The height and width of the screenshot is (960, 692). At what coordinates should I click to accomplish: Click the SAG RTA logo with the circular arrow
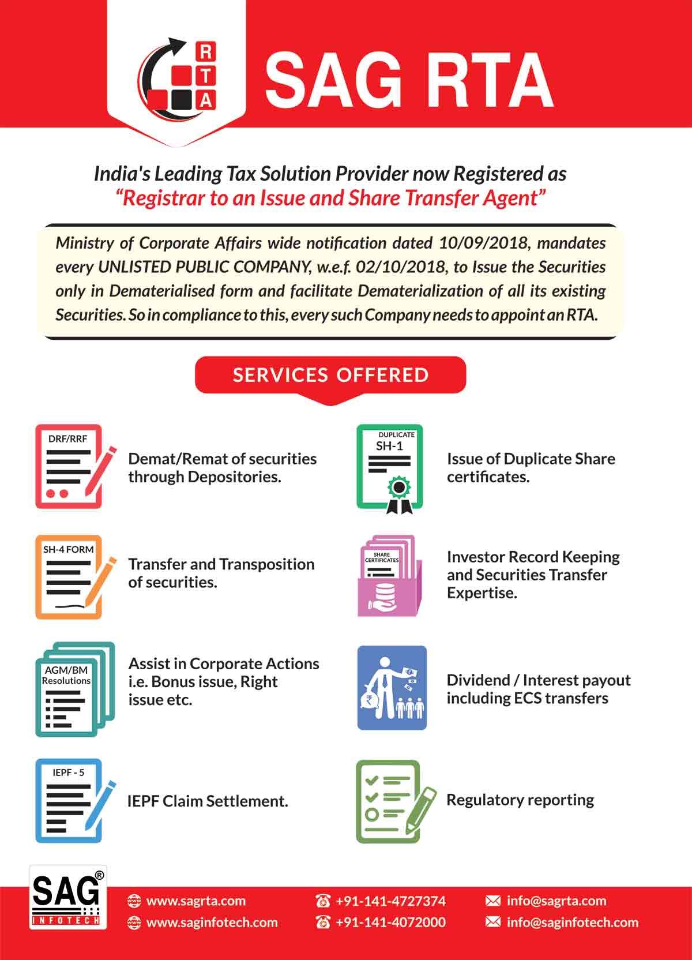tap(176, 75)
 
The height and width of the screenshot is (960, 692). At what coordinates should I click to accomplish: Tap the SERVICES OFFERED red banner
tap(330, 375)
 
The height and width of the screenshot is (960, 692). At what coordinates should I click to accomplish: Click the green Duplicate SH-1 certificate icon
tap(390, 468)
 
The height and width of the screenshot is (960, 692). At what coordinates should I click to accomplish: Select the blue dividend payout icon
tap(392, 688)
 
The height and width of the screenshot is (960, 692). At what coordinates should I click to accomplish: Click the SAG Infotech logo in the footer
tap(68, 897)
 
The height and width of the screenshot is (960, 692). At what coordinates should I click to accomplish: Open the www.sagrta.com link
tap(195, 901)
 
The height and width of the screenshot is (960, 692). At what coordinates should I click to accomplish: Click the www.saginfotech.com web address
tap(212, 922)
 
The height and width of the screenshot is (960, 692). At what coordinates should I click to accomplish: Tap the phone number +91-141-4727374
tap(390, 901)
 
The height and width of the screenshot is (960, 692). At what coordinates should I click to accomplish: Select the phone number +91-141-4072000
tap(390, 922)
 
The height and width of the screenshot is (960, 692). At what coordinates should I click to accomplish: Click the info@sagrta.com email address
tap(556, 901)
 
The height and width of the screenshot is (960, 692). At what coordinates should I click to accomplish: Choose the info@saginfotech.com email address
tap(572, 922)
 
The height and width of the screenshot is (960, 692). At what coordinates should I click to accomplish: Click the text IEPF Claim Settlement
tap(208, 801)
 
